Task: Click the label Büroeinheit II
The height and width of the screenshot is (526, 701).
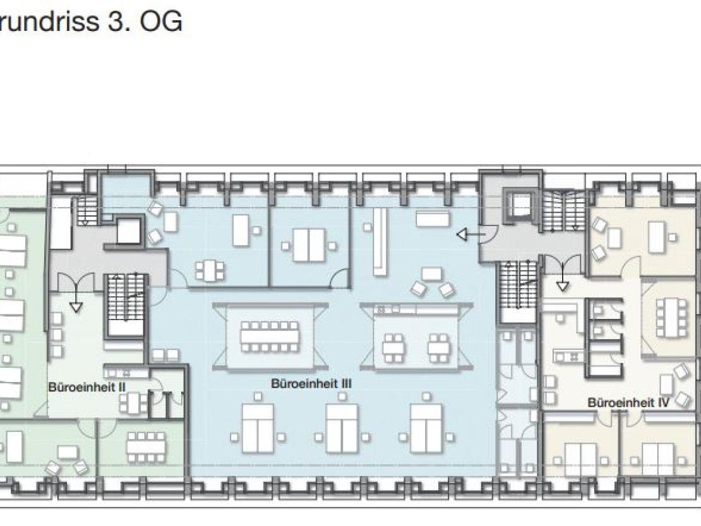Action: [x=87, y=387]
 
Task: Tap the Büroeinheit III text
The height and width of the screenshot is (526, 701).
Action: [x=311, y=383]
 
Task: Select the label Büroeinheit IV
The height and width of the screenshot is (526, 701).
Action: [x=628, y=403]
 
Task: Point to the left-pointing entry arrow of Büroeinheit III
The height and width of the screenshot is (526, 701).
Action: [x=471, y=234]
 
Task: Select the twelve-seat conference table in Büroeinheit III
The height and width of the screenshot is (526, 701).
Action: [x=269, y=337]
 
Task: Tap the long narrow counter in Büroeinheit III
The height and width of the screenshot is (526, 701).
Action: [x=380, y=241]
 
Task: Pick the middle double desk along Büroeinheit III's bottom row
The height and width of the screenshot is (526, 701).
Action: [x=342, y=429]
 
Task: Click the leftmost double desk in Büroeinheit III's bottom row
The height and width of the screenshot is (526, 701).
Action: [x=258, y=429]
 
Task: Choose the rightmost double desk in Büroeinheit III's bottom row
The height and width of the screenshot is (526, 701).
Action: [x=426, y=429]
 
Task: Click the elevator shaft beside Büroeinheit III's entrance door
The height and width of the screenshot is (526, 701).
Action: [x=520, y=205]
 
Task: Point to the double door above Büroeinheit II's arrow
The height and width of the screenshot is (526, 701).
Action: [x=76, y=282]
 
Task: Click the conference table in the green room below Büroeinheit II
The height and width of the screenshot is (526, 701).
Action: [x=146, y=447]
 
